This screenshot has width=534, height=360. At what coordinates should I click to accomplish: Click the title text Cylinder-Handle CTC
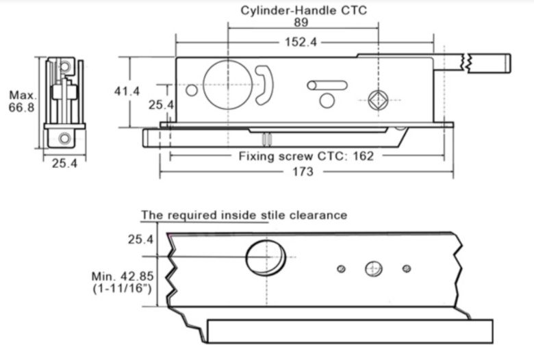303,10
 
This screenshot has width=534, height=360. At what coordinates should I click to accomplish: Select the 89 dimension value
303,22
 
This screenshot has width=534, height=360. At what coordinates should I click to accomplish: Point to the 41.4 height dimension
127,90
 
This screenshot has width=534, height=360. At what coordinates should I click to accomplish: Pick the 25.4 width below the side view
65,164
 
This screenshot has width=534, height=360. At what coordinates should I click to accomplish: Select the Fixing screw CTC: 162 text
306,155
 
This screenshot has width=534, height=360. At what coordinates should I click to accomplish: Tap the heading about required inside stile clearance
244,215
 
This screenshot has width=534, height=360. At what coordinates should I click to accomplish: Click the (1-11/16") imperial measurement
124,289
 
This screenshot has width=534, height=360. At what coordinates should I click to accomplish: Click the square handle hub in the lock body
377,99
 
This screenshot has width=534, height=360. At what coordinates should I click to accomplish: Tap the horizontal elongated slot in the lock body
327,85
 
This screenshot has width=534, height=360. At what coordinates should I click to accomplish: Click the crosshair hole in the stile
373,268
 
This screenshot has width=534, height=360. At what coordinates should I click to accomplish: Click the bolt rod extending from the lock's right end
487,62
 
